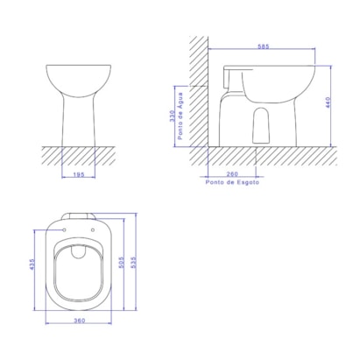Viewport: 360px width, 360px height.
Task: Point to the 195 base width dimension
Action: (79, 174)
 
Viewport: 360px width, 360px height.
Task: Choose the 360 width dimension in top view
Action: (80, 321)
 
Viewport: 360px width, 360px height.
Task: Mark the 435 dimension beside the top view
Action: (33, 265)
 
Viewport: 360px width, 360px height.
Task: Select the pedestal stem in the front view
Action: (79, 123)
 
